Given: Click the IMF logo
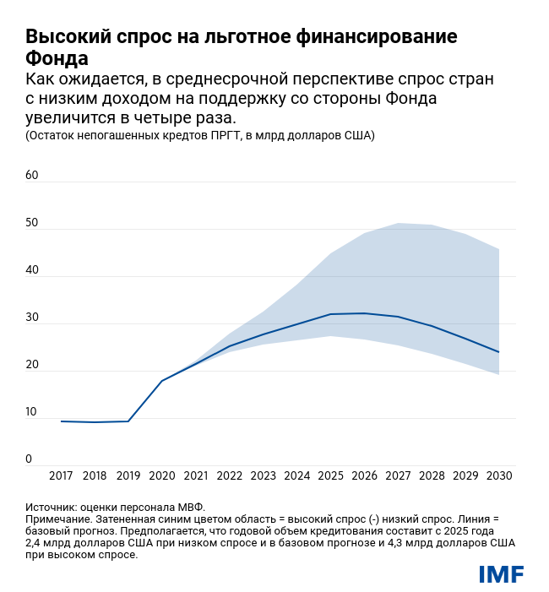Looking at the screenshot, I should (x=501, y=574).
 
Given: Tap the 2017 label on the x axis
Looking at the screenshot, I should (x=61, y=476).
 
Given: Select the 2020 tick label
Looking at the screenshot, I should (x=162, y=476).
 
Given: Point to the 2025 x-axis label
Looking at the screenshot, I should (x=330, y=476).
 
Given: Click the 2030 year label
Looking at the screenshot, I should (x=499, y=476).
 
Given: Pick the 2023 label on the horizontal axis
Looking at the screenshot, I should (x=263, y=476).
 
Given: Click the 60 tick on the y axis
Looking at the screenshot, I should (x=32, y=176).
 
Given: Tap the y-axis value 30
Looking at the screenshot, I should (x=32, y=318).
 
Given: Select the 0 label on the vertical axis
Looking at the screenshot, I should (x=29, y=459).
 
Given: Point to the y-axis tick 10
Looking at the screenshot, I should (x=32, y=412).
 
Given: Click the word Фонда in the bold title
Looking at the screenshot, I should (x=57, y=60).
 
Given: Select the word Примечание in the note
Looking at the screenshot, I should (x=60, y=519).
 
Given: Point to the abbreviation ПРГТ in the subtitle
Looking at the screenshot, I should (x=215, y=135).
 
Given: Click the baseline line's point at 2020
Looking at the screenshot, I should (x=162, y=381).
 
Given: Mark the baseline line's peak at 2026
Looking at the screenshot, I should (x=364, y=313).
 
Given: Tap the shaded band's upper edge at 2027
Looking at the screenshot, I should (x=398, y=223).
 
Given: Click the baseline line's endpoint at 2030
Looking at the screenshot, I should (x=499, y=352).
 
